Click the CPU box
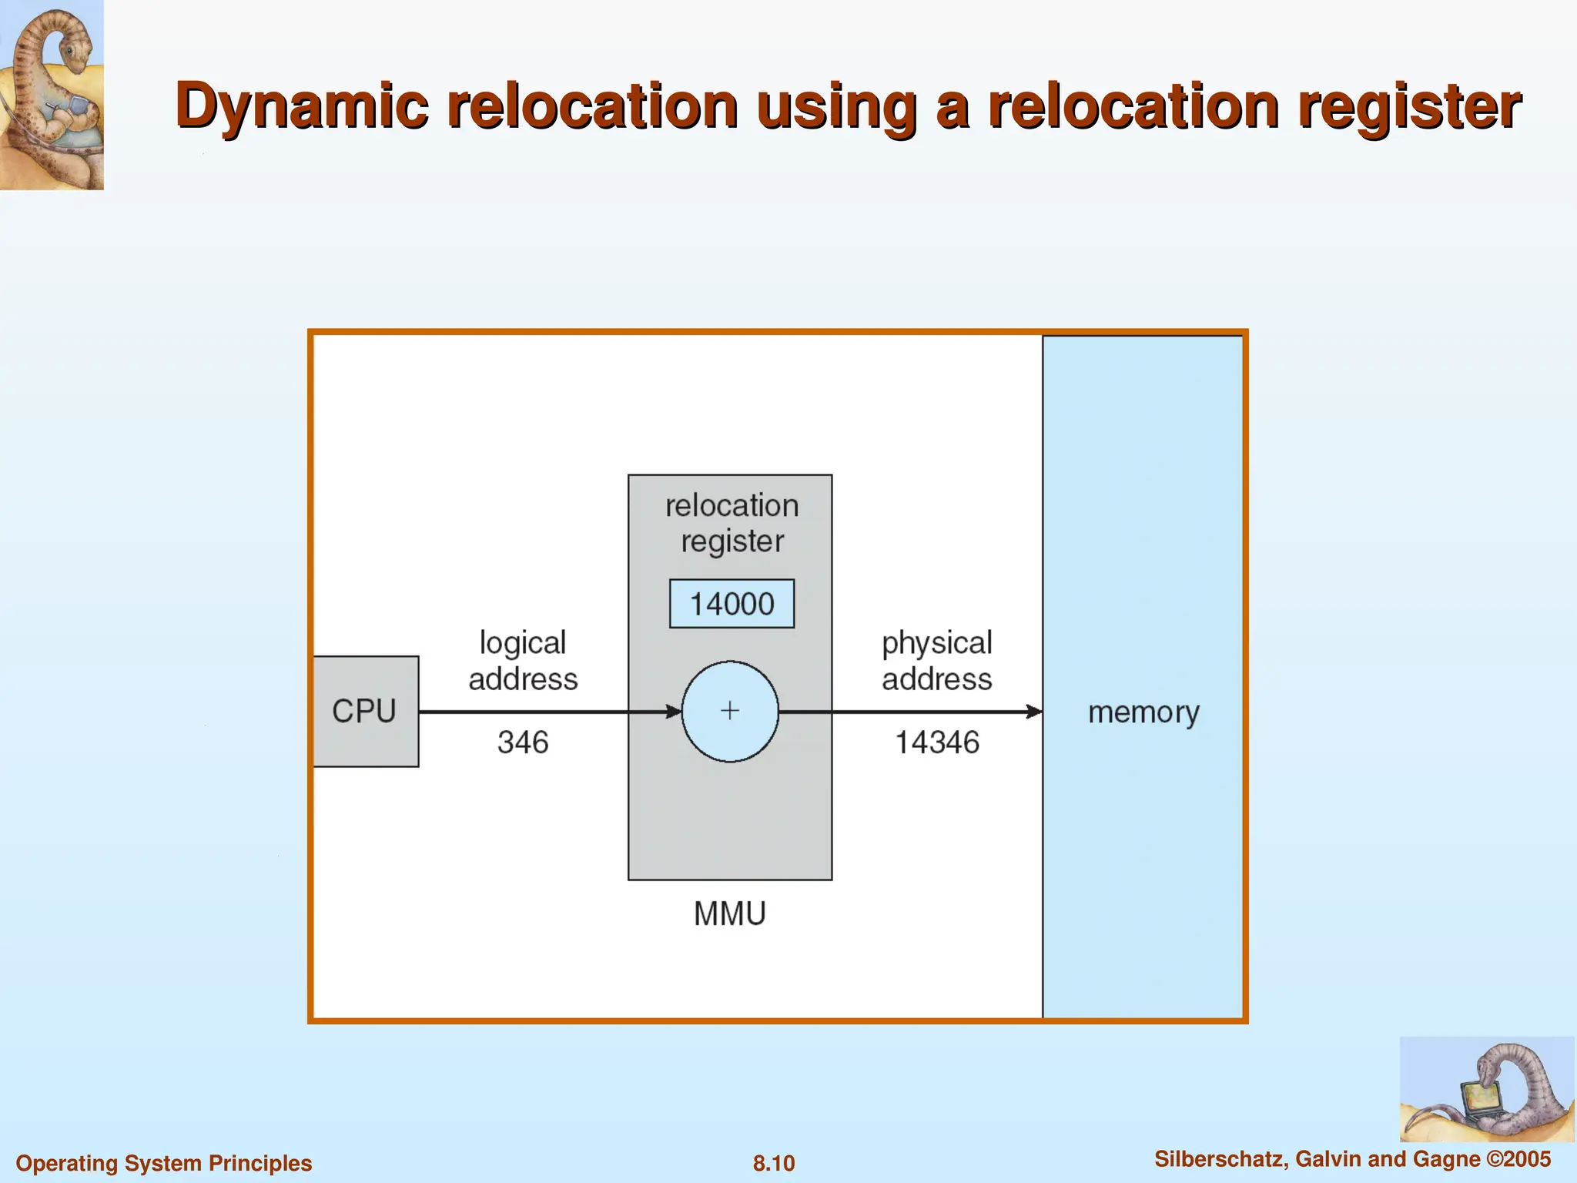pos(365,711)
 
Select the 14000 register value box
pos(732,604)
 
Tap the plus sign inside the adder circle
pos(730,710)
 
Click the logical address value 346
pos(523,742)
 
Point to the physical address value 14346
pos(937,742)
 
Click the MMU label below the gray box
pos(729,914)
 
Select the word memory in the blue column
pos(1143,712)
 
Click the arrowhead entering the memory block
pos(1034,712)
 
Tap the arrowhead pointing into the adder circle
pos(674,712)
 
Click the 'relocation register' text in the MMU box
pos(732,523)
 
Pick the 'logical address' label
pos(523,661)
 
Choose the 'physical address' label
pos(937,661)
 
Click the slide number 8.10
pos(773,1163)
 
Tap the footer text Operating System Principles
pos(164,1163)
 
